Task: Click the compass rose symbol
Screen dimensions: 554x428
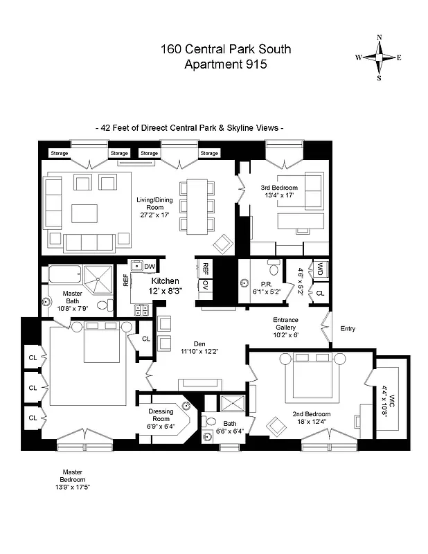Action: coord(379,57)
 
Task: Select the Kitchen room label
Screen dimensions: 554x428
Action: coord(166,280)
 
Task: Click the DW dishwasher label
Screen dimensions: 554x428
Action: coord(150,266)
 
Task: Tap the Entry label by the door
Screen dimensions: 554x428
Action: coord(347,329)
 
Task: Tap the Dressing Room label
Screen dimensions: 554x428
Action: coord(161,415)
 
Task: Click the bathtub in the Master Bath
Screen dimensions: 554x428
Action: coord(66,275)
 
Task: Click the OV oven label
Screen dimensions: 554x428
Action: coord(206,284)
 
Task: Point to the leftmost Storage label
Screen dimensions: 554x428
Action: coord(59,153)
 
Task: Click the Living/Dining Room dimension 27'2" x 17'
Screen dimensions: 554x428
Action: coord(154,215)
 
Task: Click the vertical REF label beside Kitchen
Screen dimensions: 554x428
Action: coord(126,280)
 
